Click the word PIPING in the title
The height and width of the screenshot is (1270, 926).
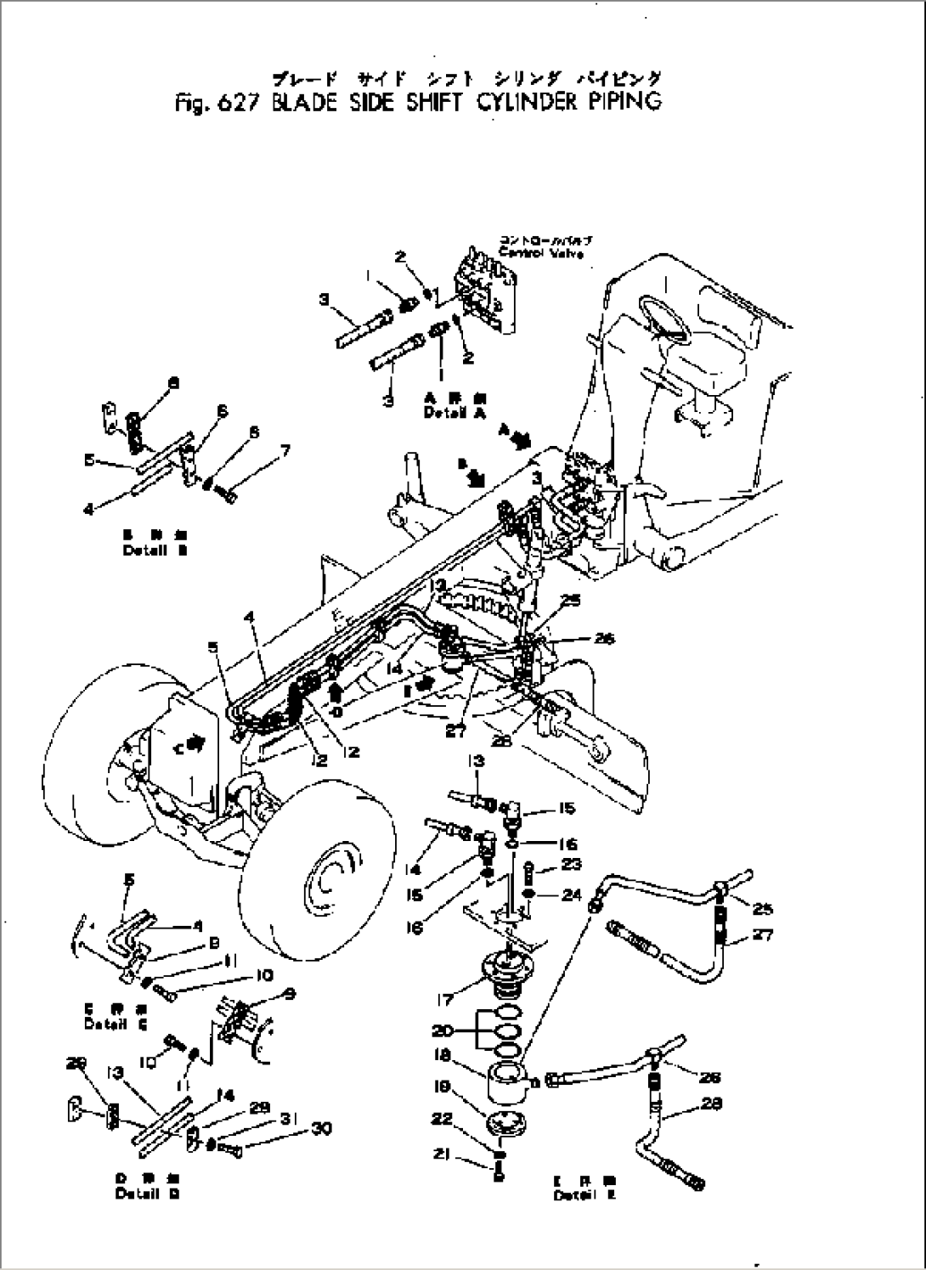[621, 103]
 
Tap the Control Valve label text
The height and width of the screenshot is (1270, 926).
[541, 253]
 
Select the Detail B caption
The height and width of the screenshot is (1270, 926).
[155, 549]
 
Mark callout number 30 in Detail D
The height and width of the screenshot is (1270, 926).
[322, 1128]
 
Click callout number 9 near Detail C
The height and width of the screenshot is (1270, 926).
[288, 991]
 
